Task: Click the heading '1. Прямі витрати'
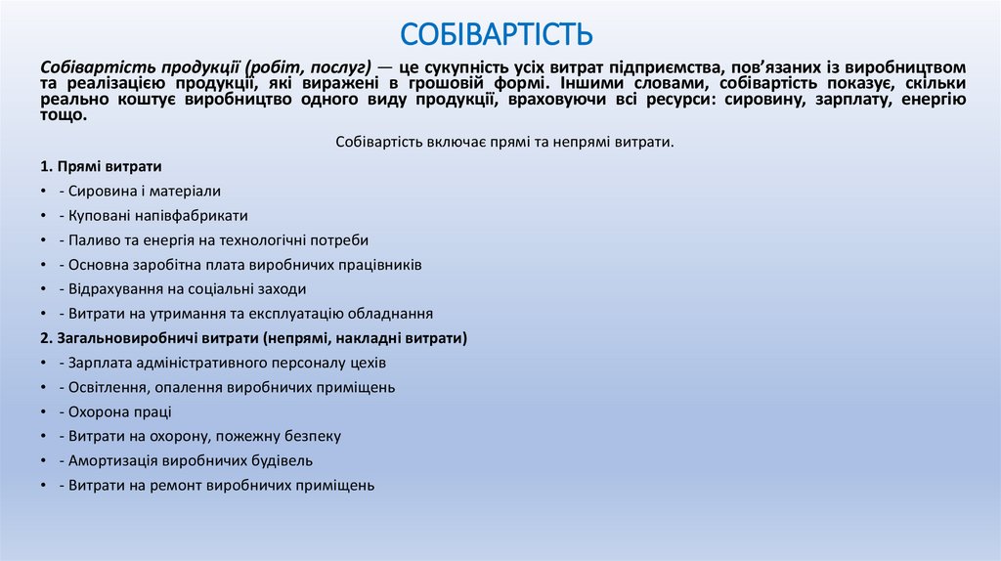click(x=102, y=166)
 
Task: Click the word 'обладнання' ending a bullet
click(x=393, y=314)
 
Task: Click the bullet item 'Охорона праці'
click(x=119, y=411)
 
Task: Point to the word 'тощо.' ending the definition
click(x=64, y=114)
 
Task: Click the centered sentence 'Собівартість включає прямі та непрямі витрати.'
click(x=504, y=142)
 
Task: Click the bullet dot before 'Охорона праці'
click(x=45, y=412)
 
